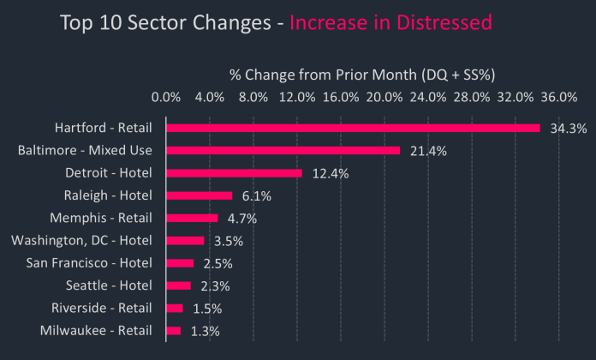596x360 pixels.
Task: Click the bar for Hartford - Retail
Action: click(x=353, y=128)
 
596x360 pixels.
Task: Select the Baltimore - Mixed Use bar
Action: click(x=283, y=150)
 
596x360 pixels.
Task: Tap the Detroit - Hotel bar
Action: click(x=234, y=173)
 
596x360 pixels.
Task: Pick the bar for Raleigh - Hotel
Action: click(x=199, y=195)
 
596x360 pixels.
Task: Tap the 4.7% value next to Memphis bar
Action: click(x=242, y=219)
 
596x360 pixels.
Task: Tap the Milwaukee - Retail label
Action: click(x=96, y=330)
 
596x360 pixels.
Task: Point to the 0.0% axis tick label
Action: click(x=166, y=96)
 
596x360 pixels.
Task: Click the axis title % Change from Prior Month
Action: click(x=363, y=74)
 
